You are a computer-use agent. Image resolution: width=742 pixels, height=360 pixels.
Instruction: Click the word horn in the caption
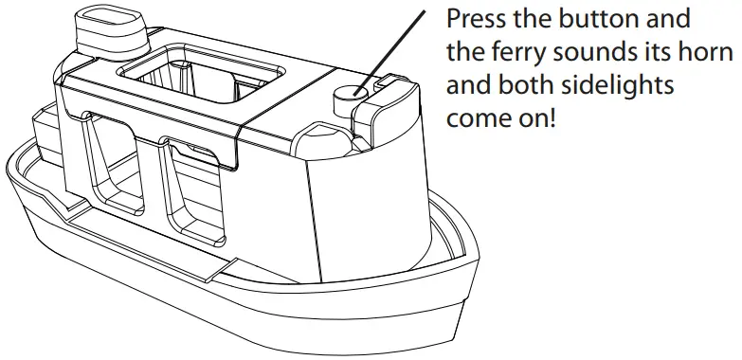(712, 53)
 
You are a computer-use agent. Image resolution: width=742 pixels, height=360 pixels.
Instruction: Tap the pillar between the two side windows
(154, 185)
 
